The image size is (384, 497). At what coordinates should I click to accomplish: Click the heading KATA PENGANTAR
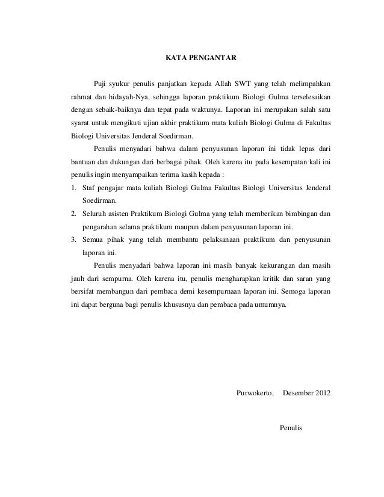click(201, 59)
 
